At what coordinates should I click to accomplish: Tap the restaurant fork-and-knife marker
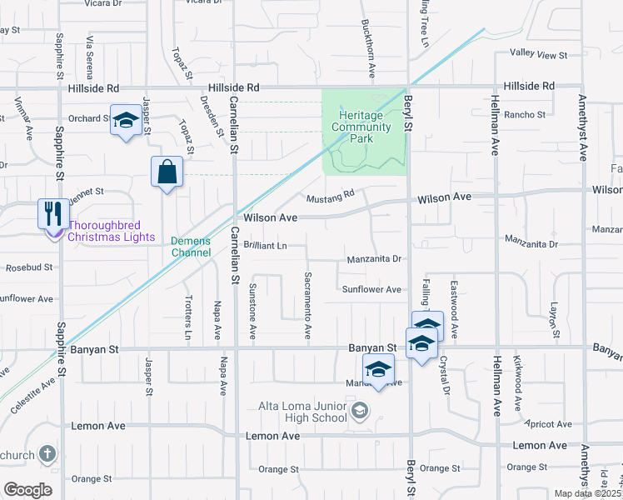(x=52, y=212)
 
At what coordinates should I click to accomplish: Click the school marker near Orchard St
(x=126, y=121)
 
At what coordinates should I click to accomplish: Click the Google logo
(x=27, y=490)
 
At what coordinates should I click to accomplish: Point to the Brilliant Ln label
(x=266, y=246)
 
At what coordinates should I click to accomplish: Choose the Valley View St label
(x=538, y=56)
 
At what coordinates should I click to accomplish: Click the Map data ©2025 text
(x=587, y=493)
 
